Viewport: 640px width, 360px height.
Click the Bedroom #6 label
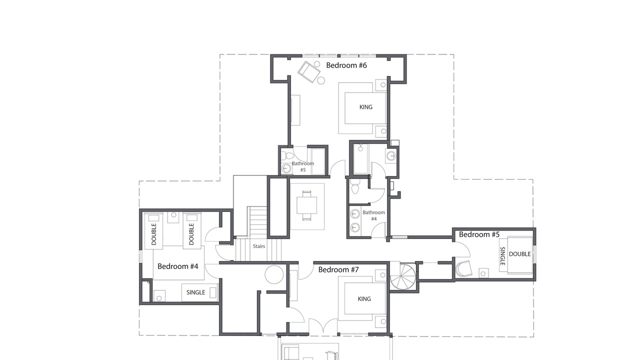point(346,65)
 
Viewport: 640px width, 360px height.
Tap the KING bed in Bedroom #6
point(362,108)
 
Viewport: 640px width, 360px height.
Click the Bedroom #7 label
point(338,269)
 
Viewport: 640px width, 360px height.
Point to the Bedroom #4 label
point(177,266)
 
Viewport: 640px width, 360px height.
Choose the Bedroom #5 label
point(479,234)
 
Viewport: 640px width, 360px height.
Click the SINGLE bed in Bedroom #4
point(200,292)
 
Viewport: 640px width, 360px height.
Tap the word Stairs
point(259,246)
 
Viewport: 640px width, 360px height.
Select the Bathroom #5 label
point(303,166)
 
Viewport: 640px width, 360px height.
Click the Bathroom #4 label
point(373,215)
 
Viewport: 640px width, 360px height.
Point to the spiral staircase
point(401,276)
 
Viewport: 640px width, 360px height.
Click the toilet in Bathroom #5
point(287,156)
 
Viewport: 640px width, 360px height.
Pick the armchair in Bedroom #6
point(309,71)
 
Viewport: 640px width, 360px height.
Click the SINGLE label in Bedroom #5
point(503,256)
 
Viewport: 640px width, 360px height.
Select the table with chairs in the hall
point(307,205)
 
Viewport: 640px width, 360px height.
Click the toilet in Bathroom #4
point(355,187)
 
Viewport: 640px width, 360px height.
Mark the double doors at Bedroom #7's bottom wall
point(323,326)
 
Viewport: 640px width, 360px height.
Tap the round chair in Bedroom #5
point(463,269)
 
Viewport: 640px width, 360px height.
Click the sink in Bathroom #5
point(286,168)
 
